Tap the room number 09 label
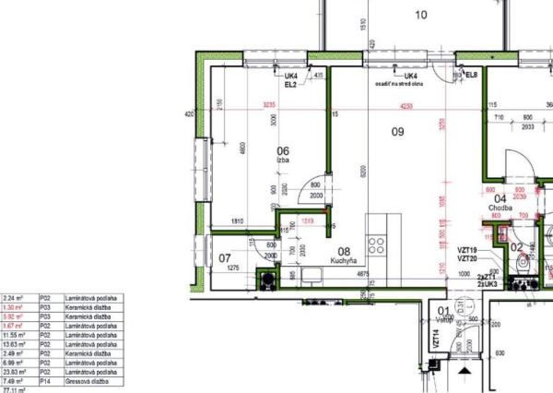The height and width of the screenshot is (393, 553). click(397, 132)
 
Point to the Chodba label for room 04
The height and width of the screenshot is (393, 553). click(500, 208)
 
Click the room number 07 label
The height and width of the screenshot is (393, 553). click(224, 257)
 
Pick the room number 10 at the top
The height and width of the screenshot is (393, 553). click(421, 14)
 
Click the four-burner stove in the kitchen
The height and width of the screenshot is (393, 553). click(377, 244)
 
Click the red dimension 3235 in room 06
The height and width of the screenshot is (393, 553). click(269, 106)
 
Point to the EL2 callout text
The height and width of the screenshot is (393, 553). click(289, 84)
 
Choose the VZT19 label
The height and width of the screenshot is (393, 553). click(466, 251)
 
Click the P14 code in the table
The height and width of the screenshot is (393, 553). click(43, 382)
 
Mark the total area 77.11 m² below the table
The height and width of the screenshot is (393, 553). click(14, 390)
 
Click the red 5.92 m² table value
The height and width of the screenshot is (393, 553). click(14, 316)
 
